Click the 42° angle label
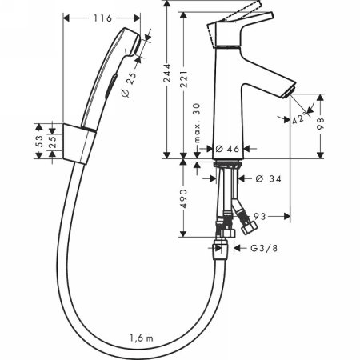(299, 120)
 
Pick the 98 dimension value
(324, 126)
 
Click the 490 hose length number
(184, 198)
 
